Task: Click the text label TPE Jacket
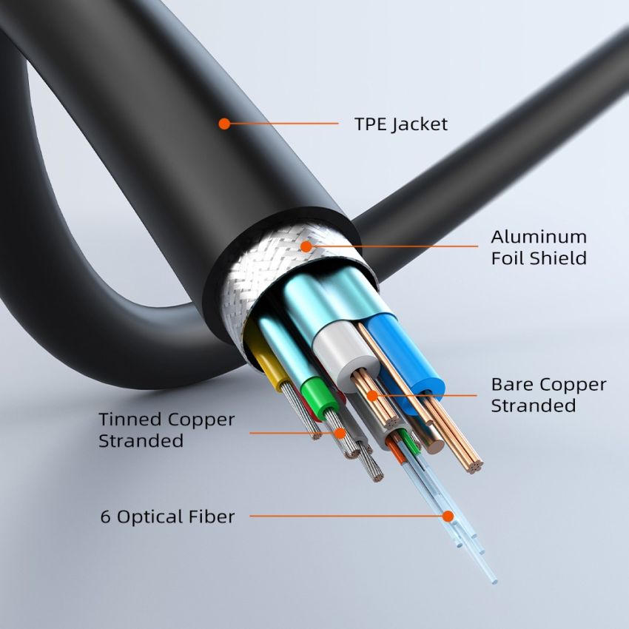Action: point(401,124)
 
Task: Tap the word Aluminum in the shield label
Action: point(539,237)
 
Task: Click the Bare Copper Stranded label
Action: point(549,394)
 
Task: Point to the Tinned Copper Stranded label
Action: point(166,430)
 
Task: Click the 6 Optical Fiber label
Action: point(168,517)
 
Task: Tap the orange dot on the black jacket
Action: point(224,124)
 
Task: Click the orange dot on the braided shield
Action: point(306,246)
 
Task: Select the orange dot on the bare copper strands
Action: point(373,396)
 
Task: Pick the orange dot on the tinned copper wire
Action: point(340,433)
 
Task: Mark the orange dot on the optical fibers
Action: point(448,517)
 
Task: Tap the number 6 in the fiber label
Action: point(105,517)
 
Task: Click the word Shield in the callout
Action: point(556,258)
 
